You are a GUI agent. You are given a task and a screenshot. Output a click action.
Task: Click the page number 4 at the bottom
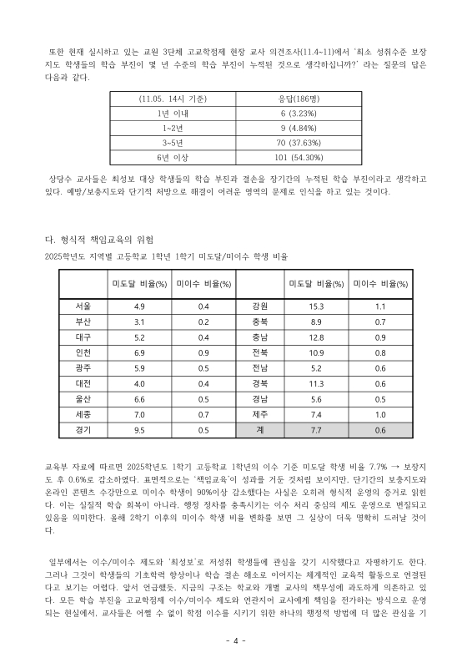[236, 640]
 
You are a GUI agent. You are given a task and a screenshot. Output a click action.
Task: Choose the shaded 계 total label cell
[260, 429]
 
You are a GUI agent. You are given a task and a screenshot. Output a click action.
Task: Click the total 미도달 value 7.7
[316, 429]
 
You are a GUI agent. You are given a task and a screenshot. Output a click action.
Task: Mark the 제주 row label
[259, 413]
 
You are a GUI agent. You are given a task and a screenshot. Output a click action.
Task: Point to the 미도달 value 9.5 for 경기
[139, 429]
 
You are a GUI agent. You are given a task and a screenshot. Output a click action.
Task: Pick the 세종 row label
[83, 413]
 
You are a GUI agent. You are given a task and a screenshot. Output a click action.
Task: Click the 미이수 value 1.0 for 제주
[380, 413]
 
